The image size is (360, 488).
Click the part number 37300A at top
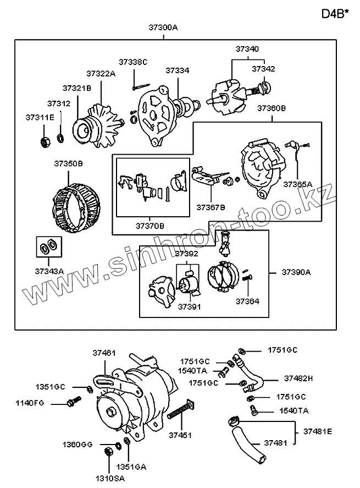click(x=163, y=26)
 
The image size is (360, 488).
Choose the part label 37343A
click(x=50, y=270)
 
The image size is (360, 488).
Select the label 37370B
click(x=151, y=226)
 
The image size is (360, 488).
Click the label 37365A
click(x=297, y=184)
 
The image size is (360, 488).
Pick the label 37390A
click(x=296, y=272)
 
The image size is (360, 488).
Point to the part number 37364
click(x=247, y=301)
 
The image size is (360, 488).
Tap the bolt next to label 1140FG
click(x=70, y=403)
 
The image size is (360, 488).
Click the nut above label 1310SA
click(x=108, y=452)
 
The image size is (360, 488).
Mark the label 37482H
click(x=298, y=379)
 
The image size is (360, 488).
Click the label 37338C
click(x=134, y=62)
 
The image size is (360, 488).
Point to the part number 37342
click(x=263, y=69)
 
